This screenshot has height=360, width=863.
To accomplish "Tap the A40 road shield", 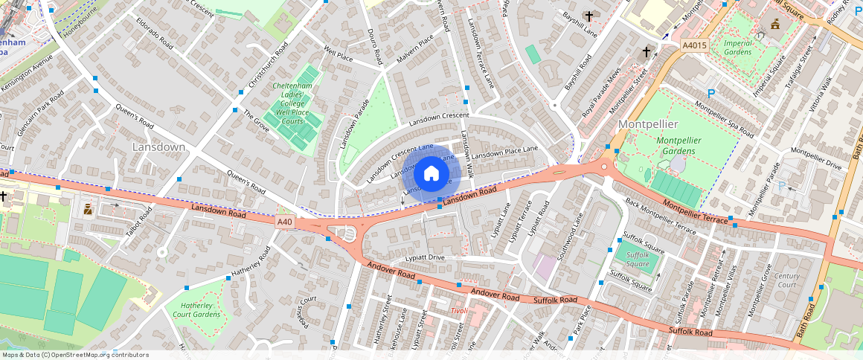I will point(285,222).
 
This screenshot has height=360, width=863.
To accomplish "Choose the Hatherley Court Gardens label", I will point(193,309).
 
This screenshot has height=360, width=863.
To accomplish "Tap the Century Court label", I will point(786,280).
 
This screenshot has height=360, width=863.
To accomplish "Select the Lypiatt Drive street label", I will point(424,258).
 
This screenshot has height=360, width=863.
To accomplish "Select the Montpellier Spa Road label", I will point(724,120).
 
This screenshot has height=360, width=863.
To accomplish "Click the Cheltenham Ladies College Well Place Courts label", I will point(292,103).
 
